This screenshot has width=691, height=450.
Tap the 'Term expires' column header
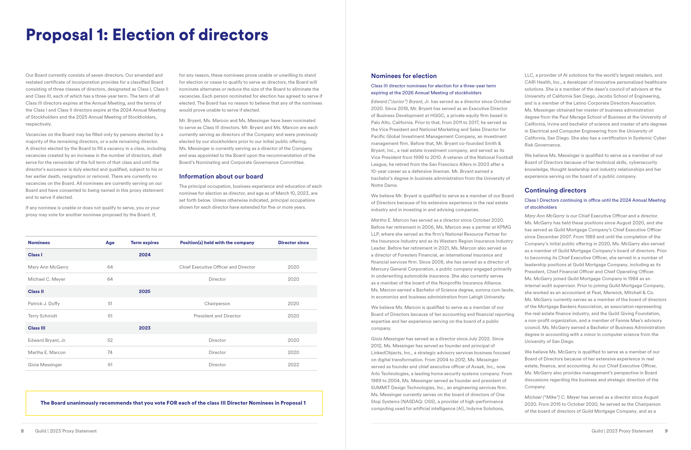[145, 243]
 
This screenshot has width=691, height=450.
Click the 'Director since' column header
[293, 243]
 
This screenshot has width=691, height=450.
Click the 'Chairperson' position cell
[217, 303]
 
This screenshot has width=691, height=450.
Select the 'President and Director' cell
[217, 316]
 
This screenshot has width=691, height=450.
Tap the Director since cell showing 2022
[293, 365]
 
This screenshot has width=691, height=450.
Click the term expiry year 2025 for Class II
[145, 291]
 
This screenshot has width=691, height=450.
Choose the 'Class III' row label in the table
[37, 328]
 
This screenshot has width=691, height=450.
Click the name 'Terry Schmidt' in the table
[42, 316]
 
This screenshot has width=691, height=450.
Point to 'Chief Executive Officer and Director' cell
[217, 267]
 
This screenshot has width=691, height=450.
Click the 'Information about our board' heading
[221, 176]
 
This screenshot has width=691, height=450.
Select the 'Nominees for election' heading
[404, 76]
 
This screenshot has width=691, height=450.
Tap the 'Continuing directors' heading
[555, 190]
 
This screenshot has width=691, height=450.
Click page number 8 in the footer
[22, 431]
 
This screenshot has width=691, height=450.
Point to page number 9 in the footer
[666, 431]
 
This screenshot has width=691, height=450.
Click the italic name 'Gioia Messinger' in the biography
[388, 339]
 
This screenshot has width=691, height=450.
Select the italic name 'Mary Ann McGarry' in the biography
[544, 216]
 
